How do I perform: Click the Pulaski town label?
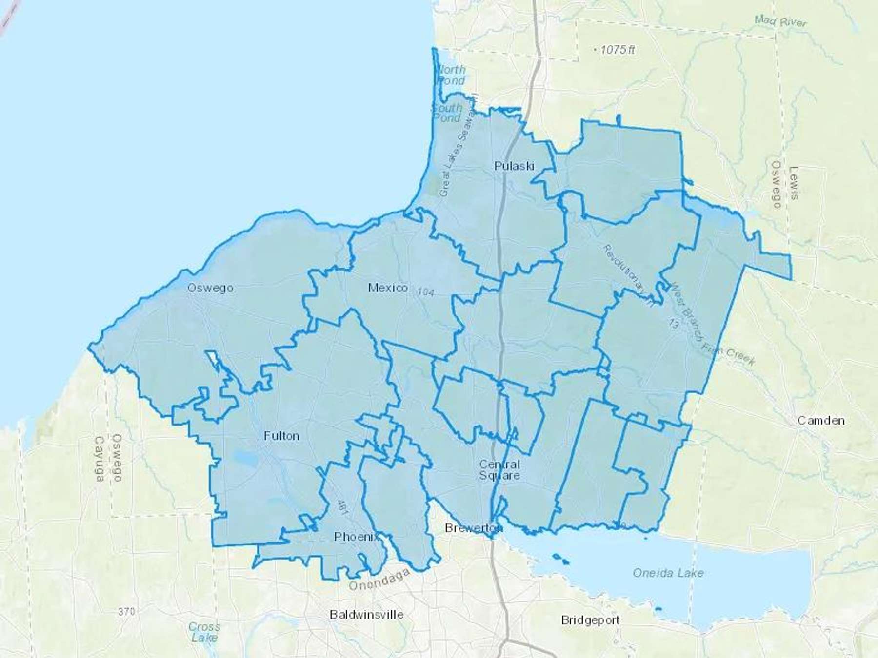coord(514,166)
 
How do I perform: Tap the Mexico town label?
coord(388,288)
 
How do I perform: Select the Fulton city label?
coord(281,436)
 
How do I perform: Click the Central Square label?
coord(499,469)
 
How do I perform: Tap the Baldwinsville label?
coord(366,614)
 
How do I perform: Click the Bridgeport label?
coord(590,620)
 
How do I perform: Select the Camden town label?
coord(821,420)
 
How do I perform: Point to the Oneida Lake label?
coord(668,573)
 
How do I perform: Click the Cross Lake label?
coord(204,632)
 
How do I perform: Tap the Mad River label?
coord(780,21)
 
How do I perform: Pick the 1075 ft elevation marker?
coord(617,50)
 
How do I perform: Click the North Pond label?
coord(451,75)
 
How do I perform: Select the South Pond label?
coord(447,113)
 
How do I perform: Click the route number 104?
coord(425,292)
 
